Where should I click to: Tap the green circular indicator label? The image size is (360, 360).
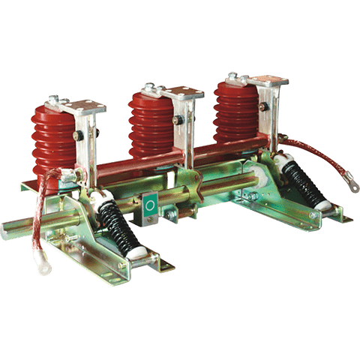[150, 203]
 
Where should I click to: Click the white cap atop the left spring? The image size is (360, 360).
[104, 199]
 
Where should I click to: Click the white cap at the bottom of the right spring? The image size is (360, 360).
[320, 204]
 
